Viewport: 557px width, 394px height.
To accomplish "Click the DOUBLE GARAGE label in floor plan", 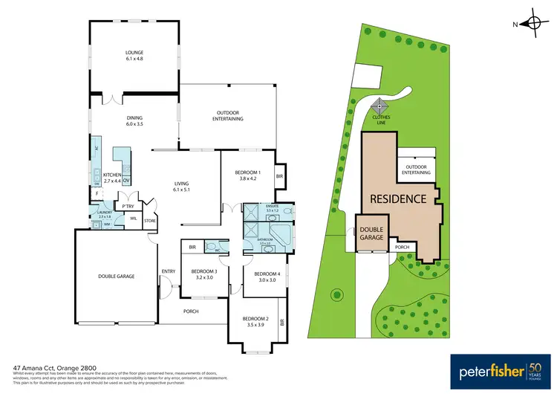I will tap(116, 276).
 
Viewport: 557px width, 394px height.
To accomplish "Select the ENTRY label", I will tap(168, 271).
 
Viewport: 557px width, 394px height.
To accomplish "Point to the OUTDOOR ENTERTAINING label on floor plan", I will tap(229, 116).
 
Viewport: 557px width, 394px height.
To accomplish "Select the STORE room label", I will tap(149, 220).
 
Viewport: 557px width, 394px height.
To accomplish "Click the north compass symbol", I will tap(533, 24).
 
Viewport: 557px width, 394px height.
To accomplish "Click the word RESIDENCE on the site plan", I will tap(398, 199).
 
